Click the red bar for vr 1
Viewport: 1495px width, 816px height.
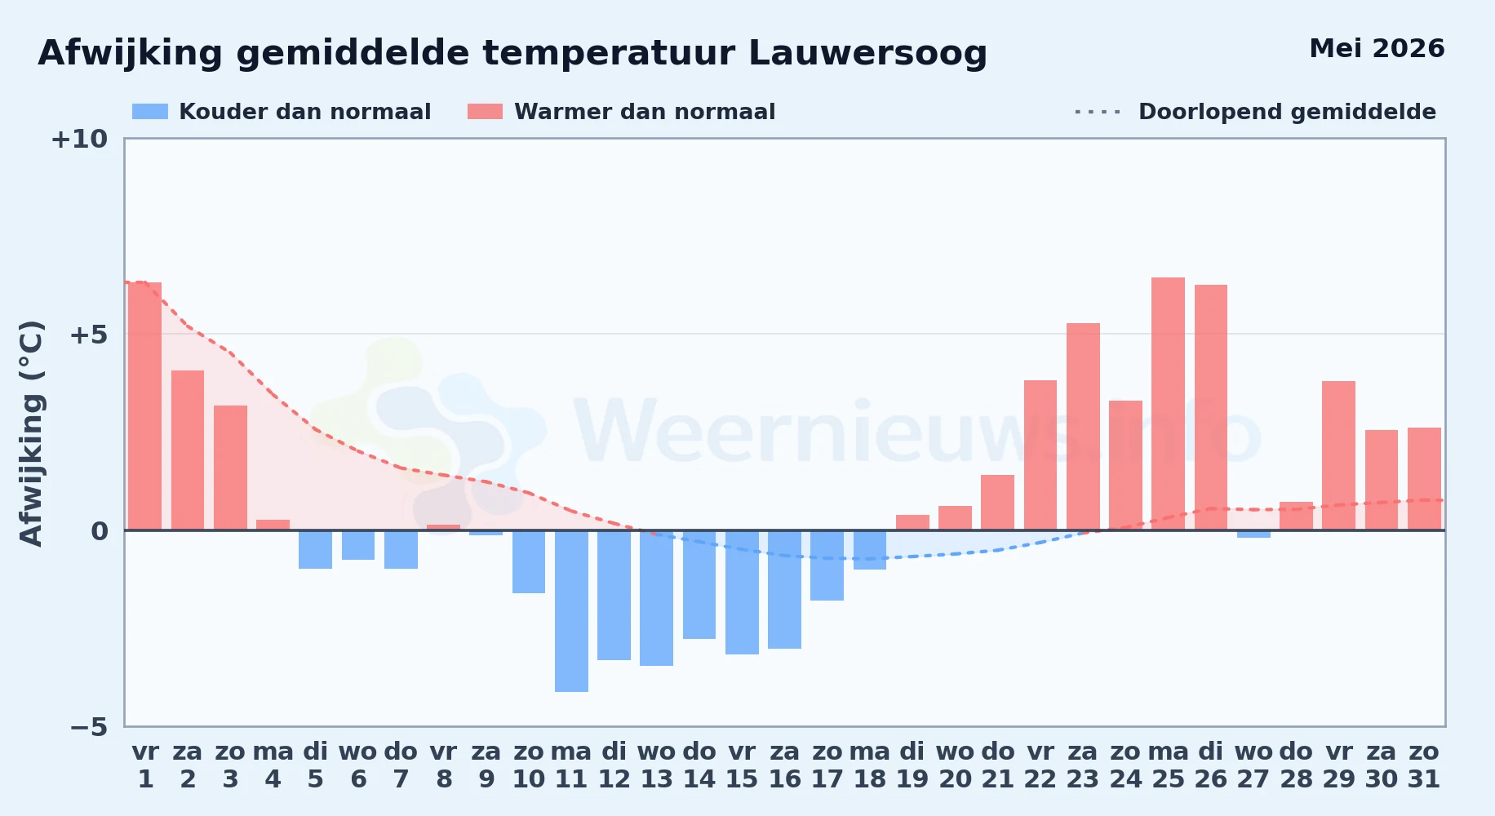(x=145, y=406)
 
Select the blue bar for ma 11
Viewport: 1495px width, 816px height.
(x=571, y=611)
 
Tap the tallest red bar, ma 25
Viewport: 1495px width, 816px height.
(x=1168, y=404)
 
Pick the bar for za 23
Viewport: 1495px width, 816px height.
(x=1083, y=427)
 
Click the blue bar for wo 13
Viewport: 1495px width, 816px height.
(x=657, y=598)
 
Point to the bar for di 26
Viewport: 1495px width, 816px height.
(x=1211, y=407)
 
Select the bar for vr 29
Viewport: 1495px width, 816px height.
(x=1338, y=455)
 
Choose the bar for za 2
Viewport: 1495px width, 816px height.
(x=188, y=450)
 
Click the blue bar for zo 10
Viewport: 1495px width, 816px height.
(x=529, y=561)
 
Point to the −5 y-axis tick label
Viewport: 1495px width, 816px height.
(x=89, y=727)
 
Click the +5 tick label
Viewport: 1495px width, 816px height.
(x=89, y=335)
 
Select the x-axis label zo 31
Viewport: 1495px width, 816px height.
(x=1424, y=765)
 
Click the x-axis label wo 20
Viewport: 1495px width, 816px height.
(x=955, y=765)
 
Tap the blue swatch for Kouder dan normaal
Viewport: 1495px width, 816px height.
(x=150, y=112)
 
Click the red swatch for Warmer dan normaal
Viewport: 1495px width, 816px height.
(x=486, y=112)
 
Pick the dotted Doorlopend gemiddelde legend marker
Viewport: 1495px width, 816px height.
(x=1098, y=112)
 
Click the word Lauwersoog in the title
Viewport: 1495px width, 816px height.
(x=867, y=54)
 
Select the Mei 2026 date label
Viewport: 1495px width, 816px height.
(x=1377, y=48)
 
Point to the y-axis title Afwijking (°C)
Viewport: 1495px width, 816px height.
(x=31, y=433)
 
